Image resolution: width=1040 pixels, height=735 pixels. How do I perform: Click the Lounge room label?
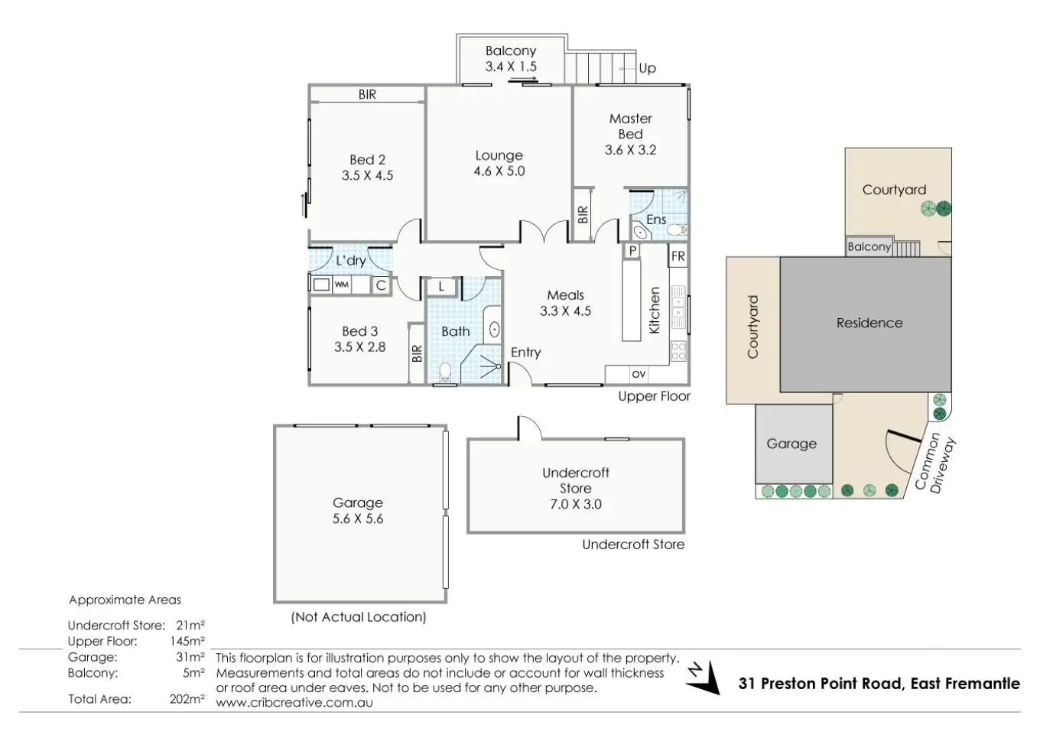coord(499,155)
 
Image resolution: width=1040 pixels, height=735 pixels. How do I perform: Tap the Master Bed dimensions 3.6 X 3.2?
coord(630,150)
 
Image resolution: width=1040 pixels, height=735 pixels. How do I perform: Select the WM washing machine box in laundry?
coord(342,285)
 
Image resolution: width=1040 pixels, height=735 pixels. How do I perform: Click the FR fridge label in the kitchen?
coord(678,256)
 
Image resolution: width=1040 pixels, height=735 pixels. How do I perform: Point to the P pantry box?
coord(632,251)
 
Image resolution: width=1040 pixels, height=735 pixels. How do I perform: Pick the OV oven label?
coord(639,374)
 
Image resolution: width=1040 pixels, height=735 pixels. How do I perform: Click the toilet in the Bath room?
coord(445,372)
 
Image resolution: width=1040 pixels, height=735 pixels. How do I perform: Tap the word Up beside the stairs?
coord(647,68)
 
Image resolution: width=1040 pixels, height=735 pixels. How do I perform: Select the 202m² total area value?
coord(187,699)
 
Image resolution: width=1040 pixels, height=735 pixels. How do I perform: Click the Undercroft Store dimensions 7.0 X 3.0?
coord(576,504)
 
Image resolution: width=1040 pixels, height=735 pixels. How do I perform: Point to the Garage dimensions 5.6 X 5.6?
coord(358,519)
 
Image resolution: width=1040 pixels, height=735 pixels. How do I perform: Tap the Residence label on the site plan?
coord(869,323)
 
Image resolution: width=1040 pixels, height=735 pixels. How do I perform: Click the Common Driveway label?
coord(935,463)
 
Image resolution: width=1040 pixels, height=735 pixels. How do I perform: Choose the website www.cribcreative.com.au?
coord(294,703)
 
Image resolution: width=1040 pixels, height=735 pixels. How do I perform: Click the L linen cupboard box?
coord(441,287)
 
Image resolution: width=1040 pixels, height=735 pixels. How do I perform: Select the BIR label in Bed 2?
coord(367,95)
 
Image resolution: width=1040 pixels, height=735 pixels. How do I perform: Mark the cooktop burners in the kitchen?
coord(678,351)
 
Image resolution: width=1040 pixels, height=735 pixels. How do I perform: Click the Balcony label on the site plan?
coord(869,246)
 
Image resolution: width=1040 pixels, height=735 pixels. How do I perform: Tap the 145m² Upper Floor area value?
coord(187,641)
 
